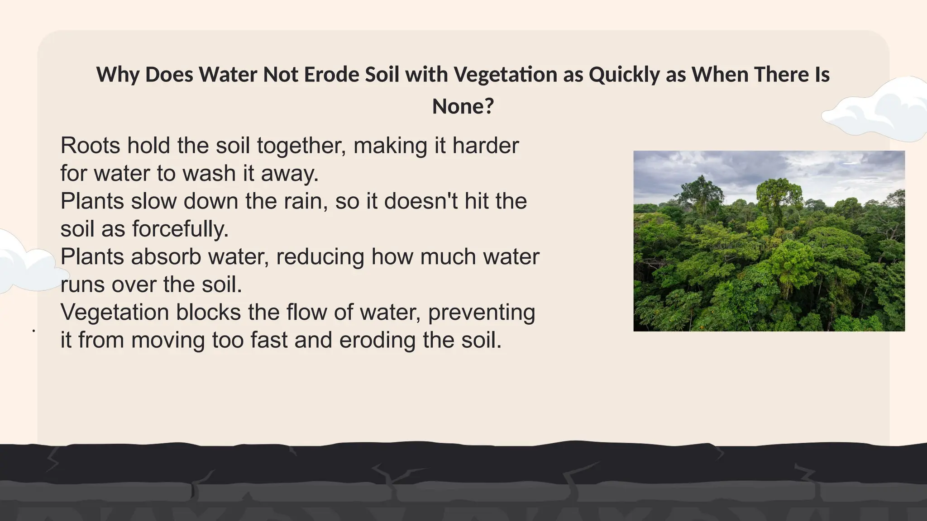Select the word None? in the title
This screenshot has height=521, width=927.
click(x=463, y=107)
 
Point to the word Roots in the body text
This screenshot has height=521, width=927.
click(x=90, y=146)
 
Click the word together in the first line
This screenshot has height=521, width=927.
click(x=301, y=146)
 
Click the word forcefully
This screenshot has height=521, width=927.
click(x=181, y=229)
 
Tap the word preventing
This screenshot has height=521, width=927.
click(x=482, y=312)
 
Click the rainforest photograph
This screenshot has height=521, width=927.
click(x=769, y=241)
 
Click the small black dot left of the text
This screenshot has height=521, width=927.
click(x=34, y=331)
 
